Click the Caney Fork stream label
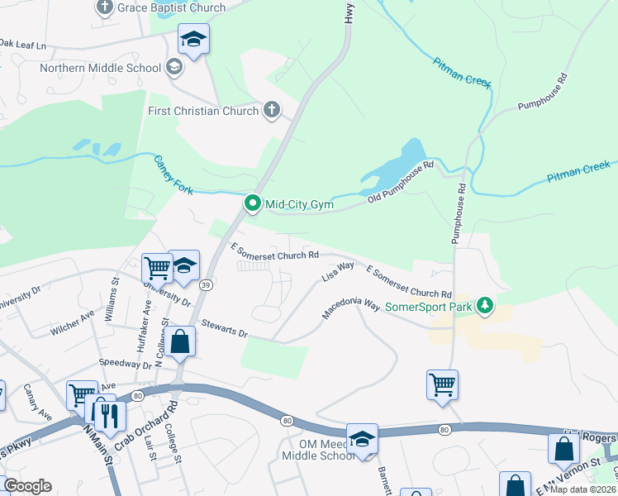pyautogui.click(x=174, y=175)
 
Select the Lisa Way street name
pyautogui.click(x=338, y=271)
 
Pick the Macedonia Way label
pyautogui.click(x=350, y=308)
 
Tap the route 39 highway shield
pyautogui.click(x=207, y=284)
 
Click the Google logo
pyautogui.click(x=26, y=486)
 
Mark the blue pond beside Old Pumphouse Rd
pyautogui.click(x=395, y=165)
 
